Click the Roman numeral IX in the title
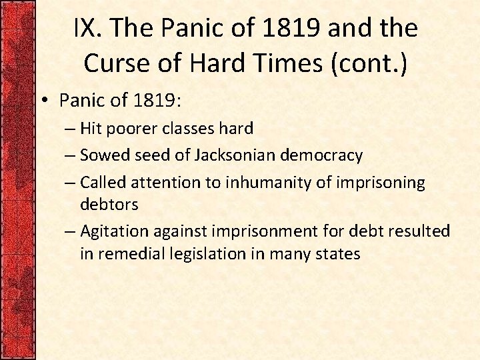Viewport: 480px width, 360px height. coord(85,28)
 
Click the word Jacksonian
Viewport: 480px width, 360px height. coord(229,155)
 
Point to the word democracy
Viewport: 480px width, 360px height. coord(325,155)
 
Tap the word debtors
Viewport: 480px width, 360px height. coord(109,204)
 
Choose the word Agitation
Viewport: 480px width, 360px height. coord(114,231)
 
